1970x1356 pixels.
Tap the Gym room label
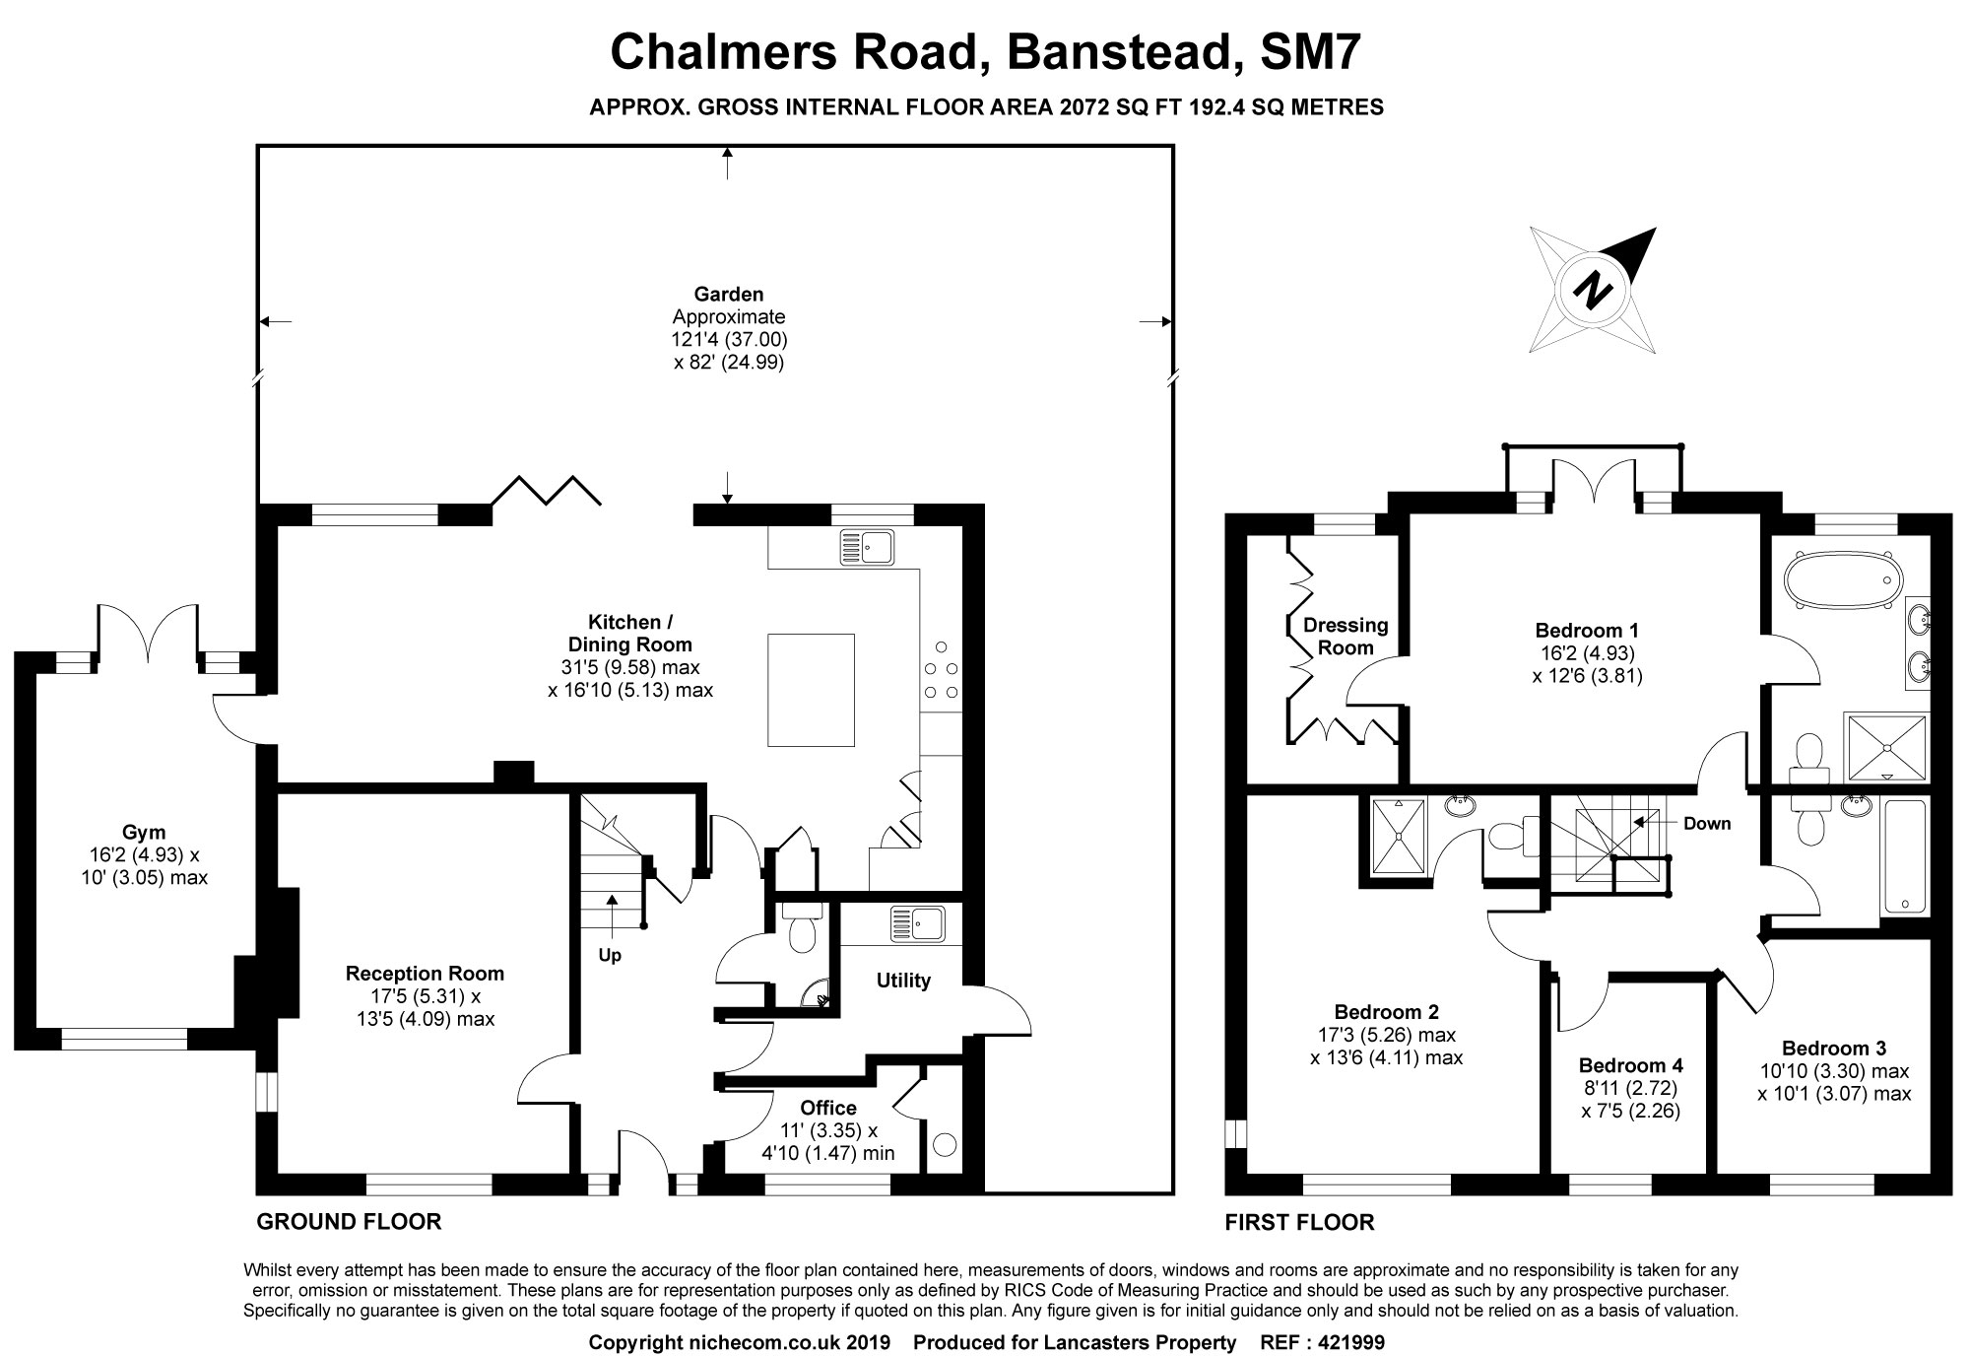click(x=144, y=832)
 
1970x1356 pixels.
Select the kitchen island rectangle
click(x=811, y=690)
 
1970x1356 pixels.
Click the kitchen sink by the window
click(x=867, y=548)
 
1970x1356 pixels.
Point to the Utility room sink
click(x=917, y=923)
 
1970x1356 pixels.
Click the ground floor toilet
click(x=801, y=927)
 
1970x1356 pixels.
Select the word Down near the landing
click(x=1707, y=824)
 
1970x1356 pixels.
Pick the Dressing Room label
click(x=1346, y=637)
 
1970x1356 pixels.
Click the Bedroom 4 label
click(x=1630, y=1065)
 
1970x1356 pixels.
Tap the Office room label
click(x=828, y=1108)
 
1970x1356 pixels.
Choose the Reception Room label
click(x=425, y=974)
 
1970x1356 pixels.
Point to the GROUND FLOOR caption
click(x=349, y=1222)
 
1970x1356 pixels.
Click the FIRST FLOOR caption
click(x=1299, y=1223)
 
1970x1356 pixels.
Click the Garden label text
click(x=729, y=294)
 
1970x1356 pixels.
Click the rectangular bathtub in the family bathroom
click(x=1903, y=856)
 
